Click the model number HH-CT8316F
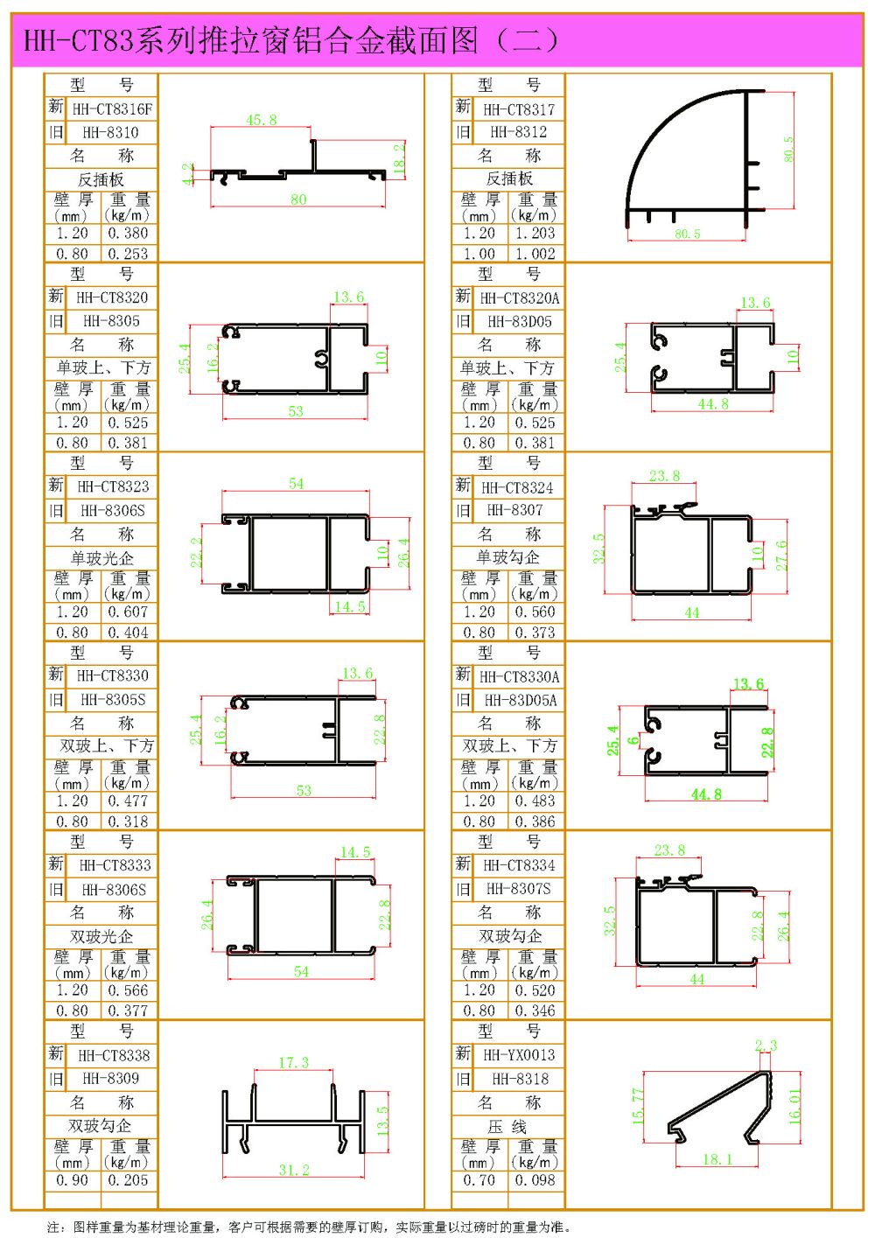112,109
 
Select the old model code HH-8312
519,132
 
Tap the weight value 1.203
535,234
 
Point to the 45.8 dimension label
261,120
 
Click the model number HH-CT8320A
519,298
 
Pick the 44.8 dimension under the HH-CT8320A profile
713,404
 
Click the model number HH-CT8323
113,486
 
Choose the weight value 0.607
128,612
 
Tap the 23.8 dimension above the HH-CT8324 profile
664,476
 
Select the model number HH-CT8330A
519,677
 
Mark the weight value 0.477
128,801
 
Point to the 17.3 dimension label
293,1062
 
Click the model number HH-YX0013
519,1055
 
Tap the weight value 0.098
535,1180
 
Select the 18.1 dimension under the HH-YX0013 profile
717,1159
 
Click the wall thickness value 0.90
73,1180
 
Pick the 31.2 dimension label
293,1170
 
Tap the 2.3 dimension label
766,1046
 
